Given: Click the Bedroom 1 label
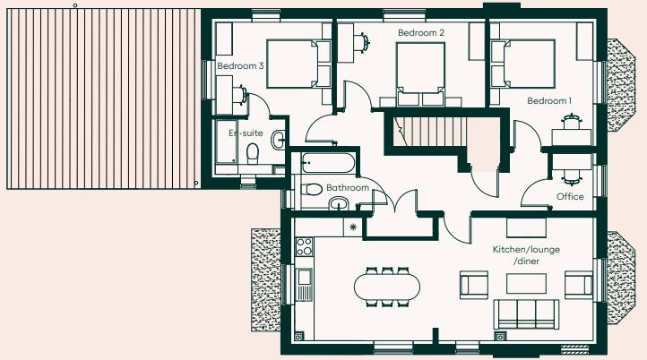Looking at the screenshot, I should tap(549, 100).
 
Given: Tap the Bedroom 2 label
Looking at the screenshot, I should tap(421, 33).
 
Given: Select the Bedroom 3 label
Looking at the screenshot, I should tap(240, 65).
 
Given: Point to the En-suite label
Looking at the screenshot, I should tap(245, 133).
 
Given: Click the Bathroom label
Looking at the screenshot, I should tap(348, 188).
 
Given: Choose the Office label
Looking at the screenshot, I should tap(570, 197).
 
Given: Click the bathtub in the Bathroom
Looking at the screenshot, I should tap(327, 164).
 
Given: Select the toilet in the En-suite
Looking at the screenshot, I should tap(254, 151).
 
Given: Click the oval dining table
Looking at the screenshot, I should tap(386, 287).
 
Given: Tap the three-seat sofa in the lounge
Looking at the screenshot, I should tap(526, 313).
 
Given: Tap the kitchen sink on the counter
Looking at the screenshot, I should tap(304, 286).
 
